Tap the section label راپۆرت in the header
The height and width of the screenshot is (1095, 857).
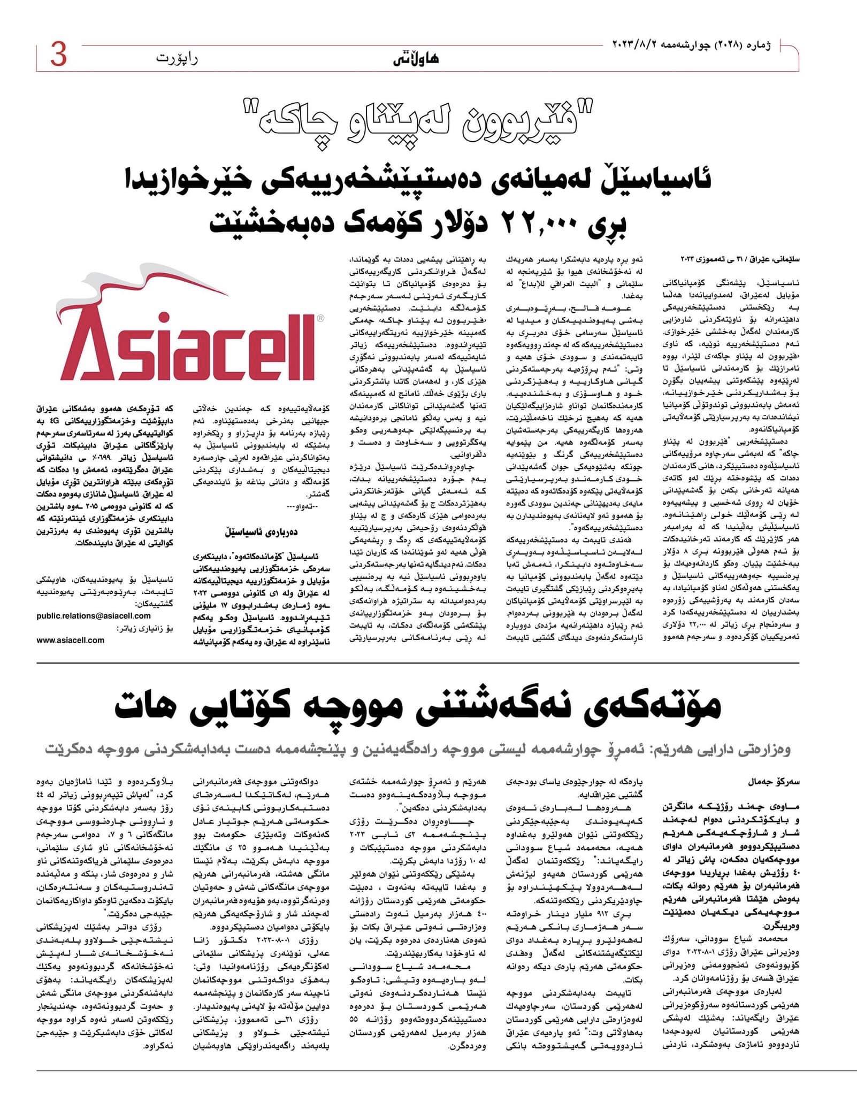pos(177,58)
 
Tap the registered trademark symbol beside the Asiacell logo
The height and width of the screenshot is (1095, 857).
pos(320,318)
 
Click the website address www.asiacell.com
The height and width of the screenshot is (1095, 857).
pos(71,640)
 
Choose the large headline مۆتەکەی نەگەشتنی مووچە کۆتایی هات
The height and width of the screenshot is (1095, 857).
pos(417,706)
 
